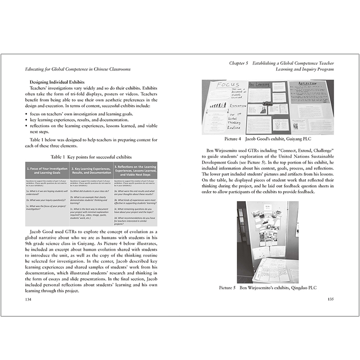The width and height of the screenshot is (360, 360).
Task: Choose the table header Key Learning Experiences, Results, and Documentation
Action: [x=92, y=170]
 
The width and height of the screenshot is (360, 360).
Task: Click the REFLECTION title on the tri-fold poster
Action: [x=309, y=84]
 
